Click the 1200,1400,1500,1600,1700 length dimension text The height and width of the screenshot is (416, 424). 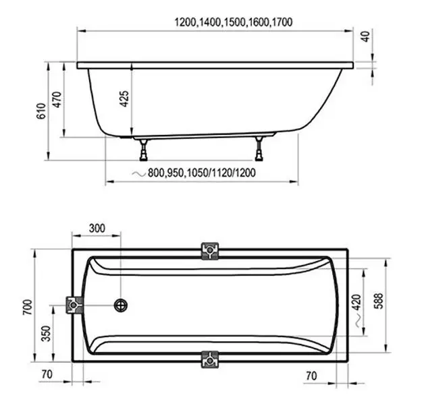tap(234, 22)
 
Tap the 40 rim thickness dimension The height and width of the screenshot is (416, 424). tap(365, 36)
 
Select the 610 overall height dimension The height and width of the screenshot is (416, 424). tap(41, 111)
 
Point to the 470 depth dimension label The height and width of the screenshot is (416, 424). tap(57, 100)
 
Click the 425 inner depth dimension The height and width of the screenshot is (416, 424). tap(124, 99)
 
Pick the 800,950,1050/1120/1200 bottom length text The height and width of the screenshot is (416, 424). tap(201, 173)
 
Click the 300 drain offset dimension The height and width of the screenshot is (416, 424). tap(97, 229)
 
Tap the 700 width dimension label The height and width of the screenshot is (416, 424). tap(27, 307)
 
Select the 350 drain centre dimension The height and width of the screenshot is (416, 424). tap(46, 334)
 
